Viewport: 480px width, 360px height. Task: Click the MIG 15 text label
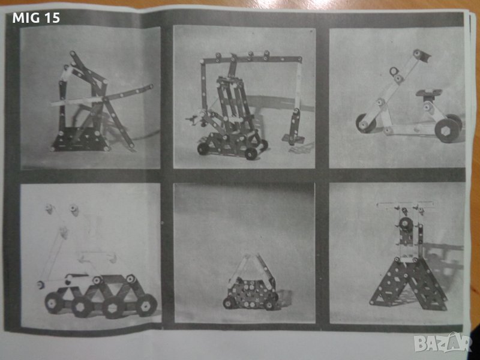click(36, 18)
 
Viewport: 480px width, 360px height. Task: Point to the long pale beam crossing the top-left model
click(102, 95)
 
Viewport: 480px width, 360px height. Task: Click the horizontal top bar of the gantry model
click(251, 58)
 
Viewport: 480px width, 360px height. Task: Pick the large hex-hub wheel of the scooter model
click(447, 130)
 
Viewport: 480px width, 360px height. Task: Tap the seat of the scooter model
click(428, 92)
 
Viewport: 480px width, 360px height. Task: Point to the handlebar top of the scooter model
click(422, 55)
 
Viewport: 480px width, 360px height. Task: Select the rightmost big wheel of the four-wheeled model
click(146, 305)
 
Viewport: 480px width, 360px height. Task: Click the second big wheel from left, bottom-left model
click(82, 307)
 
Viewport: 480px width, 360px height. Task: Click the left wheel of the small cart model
click(227, 303)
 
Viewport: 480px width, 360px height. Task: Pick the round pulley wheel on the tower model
click(404, 223)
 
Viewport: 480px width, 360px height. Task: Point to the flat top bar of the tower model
click(406, 204)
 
